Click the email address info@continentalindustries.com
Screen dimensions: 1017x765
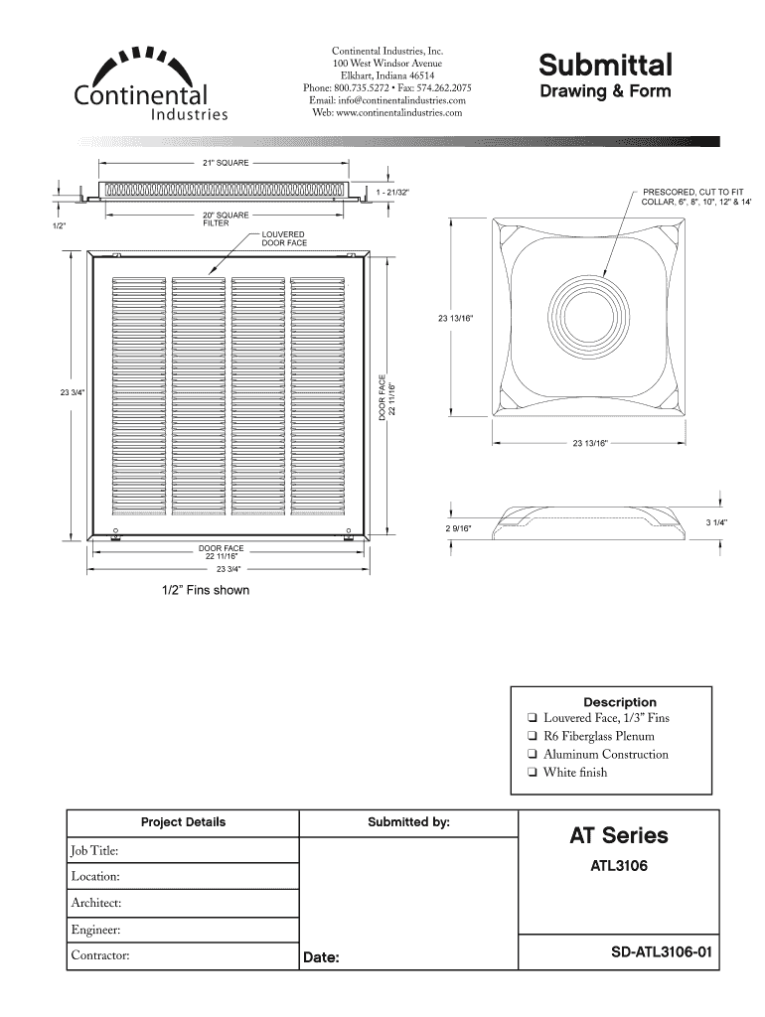tap(387, 100)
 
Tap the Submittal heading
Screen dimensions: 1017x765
tap(605, 66)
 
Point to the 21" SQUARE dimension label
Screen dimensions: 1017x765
tap(227, 161)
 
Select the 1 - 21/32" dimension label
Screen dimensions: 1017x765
tap(393, 190)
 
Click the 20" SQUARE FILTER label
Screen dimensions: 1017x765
tap(226, 218)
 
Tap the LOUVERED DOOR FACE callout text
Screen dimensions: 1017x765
tap(284, 238)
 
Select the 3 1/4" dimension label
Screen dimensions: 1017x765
tap(716, 522)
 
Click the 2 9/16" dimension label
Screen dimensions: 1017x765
tap(459, 528)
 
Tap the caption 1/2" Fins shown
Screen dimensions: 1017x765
tap(206, 591)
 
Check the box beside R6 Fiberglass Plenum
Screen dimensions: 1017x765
tap(534, 737)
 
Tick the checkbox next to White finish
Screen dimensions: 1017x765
tap(534, 773)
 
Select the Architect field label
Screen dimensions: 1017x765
tap(95, 903)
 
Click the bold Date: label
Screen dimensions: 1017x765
tap(322, 958)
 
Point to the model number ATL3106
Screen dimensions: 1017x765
tap(618, 866)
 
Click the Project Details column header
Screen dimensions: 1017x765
tap(183, 822)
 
